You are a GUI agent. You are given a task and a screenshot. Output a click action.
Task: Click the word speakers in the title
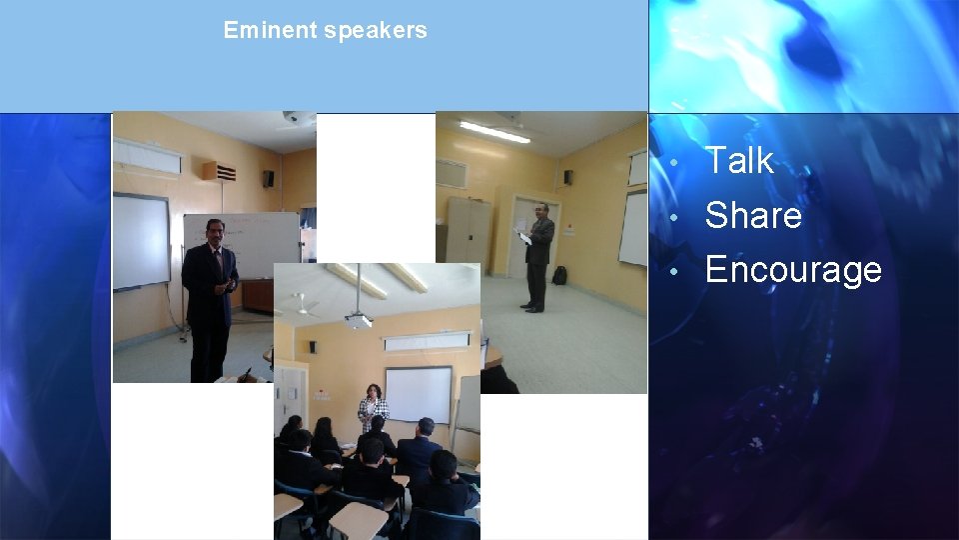pyautogui.click(x=376, y=31)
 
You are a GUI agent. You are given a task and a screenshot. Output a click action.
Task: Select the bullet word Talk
pyautogui.click(x=739, y=160)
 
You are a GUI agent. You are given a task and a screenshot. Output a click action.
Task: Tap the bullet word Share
pyautogui.click(x=753, y=215)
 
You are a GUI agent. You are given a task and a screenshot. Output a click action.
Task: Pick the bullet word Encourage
pyautogui.click(x=793, y=270)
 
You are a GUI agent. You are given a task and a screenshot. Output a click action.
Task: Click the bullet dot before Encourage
pyautogui.click(x=676, y=271)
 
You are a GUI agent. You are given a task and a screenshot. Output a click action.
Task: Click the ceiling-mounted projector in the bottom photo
pyautogui.click(x=359, y=320)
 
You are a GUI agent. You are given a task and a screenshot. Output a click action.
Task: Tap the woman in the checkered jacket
pyautogui.click(x=373, y=410)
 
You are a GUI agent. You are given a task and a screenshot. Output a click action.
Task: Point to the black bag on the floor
pyautogui.click(x=559, y=275)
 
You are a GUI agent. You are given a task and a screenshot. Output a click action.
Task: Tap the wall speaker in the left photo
pyautogui.click(x=268, y=178)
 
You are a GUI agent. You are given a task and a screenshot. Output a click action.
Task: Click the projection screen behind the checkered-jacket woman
pyautogui.click(x=419, y=392)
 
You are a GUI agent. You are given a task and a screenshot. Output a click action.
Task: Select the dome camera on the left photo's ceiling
pyautogui.click(x=292, y=118)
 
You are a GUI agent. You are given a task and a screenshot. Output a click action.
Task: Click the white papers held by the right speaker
pyautogui.click(x=522, y=237)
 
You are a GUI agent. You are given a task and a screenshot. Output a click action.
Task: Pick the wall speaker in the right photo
pyautogui.click(x=567, y=177)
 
